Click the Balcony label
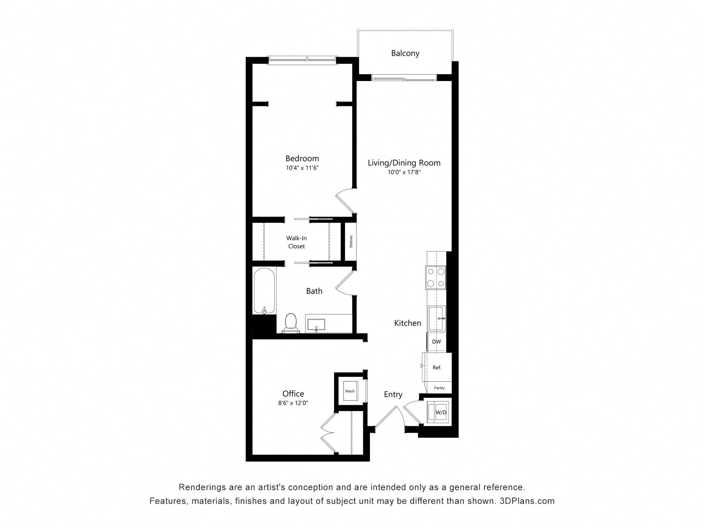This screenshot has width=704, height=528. (405, 53)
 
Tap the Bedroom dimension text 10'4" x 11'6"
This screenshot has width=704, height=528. (302, 168)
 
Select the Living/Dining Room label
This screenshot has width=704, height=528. (404, 163)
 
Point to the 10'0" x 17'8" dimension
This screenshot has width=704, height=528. (404, 172)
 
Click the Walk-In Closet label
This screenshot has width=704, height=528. (296, 242)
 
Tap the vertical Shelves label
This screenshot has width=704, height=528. (351, 242)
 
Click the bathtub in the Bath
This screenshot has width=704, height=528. (264, 291)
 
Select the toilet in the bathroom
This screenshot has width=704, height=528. (290, 323)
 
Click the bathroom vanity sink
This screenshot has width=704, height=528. (316, 325)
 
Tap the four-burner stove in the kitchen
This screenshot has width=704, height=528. (436, 277)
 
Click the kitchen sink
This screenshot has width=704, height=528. (436, 318)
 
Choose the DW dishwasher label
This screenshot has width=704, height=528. (436, 342)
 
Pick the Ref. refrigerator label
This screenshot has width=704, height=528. (437, 367)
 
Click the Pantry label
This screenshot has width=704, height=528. (439, 388)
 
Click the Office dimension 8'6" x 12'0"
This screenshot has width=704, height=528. (293, 403)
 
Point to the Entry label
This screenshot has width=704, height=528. (393, 394)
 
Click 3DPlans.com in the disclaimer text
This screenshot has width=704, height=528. (527, 501)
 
